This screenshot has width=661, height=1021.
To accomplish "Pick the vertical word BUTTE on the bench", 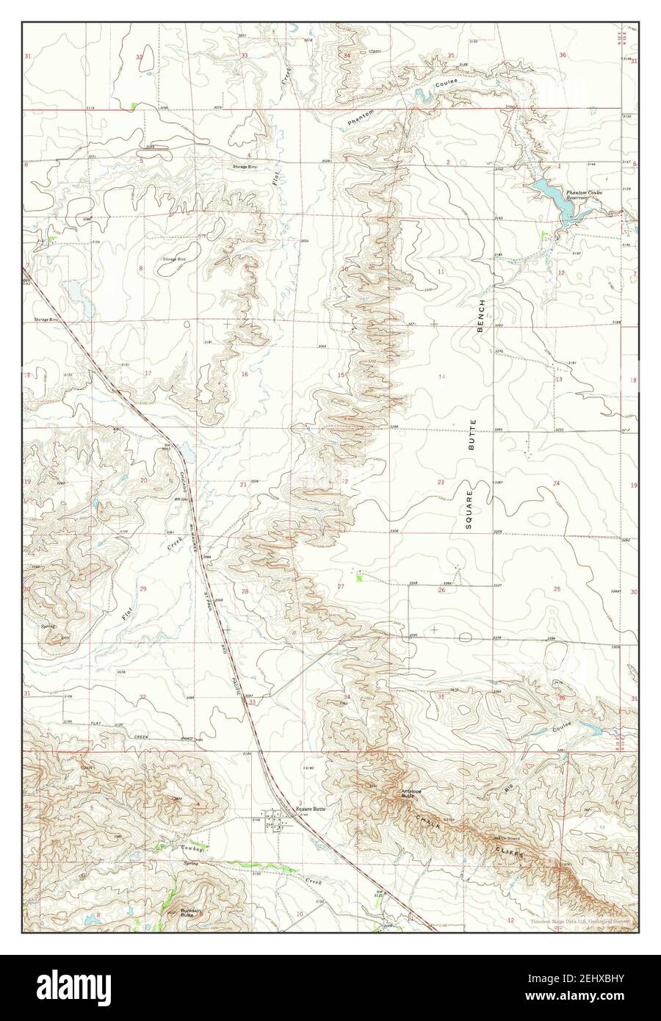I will (x=474, y=434).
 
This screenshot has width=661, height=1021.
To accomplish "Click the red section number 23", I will (x=441, y=483).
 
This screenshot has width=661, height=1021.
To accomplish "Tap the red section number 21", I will (x=243, y=485).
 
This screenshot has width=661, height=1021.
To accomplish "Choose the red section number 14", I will (x=441, y=377).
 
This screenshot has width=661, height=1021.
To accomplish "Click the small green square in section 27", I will (x=359, y=579).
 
